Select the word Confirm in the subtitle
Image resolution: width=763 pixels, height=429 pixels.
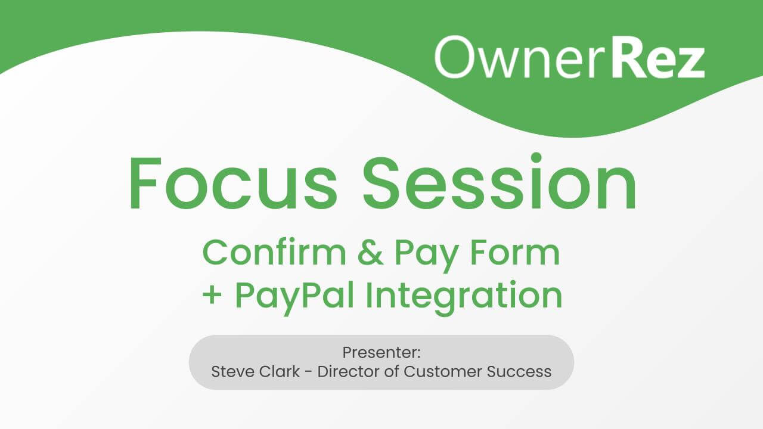point(274,253)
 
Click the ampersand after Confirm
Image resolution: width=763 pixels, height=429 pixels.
point(370,253)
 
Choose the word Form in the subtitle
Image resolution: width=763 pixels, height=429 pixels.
point(515,253)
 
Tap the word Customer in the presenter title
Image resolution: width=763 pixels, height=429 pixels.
point(443,372)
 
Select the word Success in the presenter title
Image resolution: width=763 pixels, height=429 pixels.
point(520,372)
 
